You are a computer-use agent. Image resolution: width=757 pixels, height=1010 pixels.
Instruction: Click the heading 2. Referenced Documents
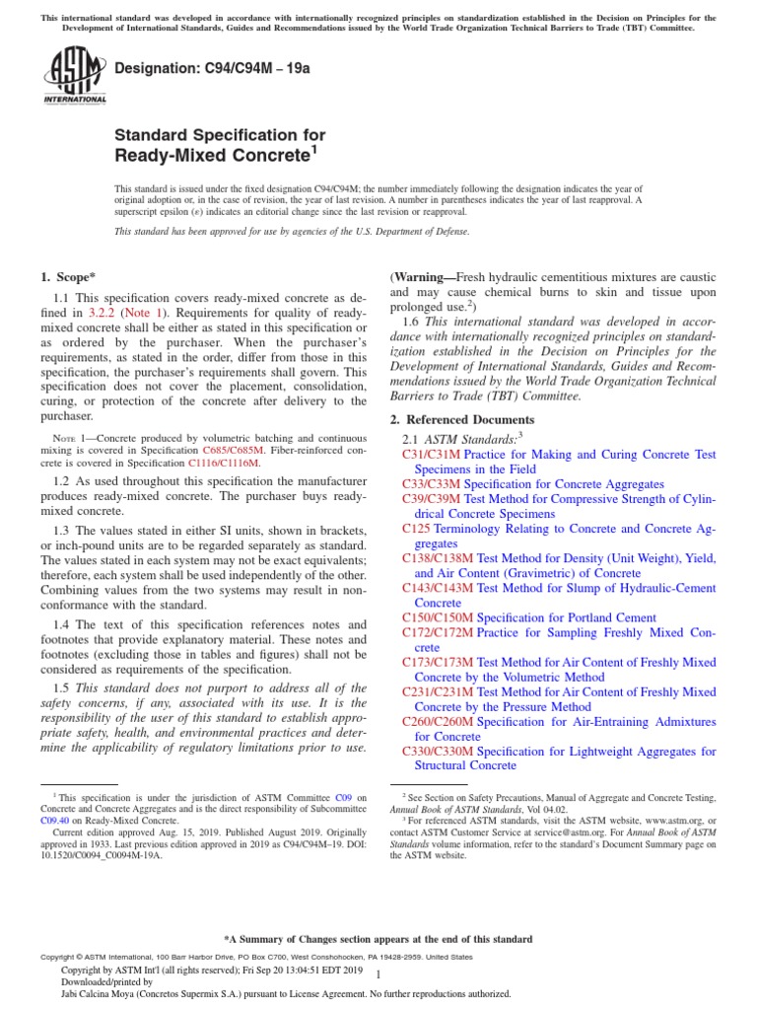pyautogui.click(x=461, y=419)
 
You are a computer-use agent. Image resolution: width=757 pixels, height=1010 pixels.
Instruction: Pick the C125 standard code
pyautogui.click(x=417, y=529)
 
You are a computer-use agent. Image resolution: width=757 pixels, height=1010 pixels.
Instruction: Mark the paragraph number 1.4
pyautogui.click(x=61, y=624)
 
